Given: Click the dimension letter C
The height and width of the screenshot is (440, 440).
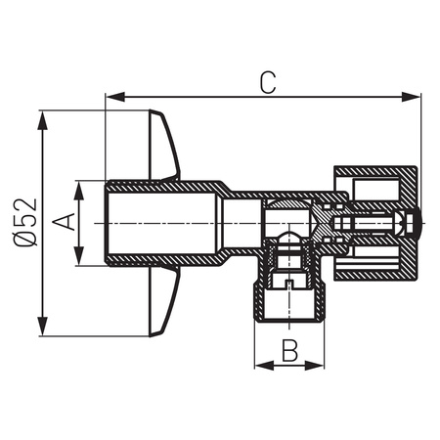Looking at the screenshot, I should [267, 82].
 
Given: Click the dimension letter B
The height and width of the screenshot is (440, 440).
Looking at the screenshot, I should [288, 348].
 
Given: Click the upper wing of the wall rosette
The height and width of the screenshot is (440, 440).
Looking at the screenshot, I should [162, 147].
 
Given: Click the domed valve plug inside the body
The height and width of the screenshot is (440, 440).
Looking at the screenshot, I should [289, 238].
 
